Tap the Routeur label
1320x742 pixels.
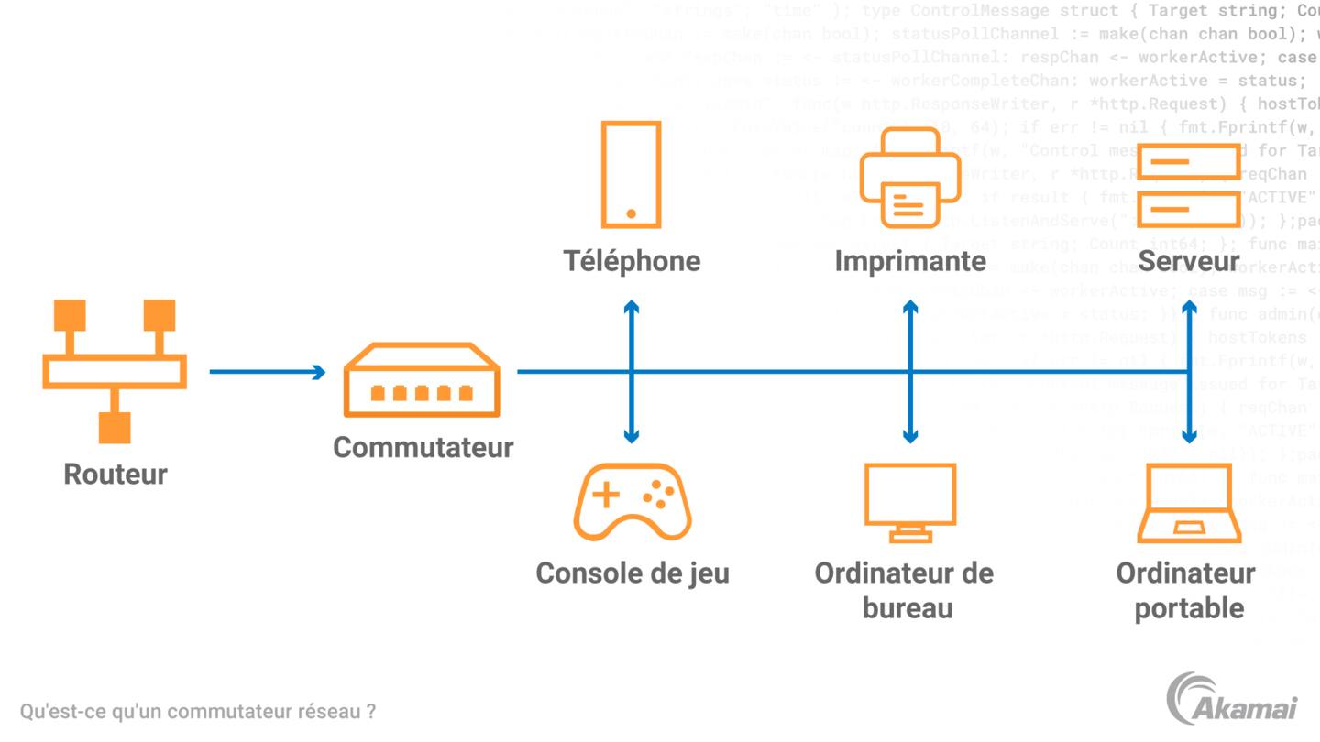click(x=115, y=475)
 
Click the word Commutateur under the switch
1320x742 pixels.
click(x=423, y=447)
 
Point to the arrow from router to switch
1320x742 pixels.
click(x=267, y=372)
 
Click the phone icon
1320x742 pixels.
click(x=631, y=174)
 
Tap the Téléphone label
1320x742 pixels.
click(x=632, y=261)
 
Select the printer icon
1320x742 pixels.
click(x=910, y=178)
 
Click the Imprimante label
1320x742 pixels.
click(x=910, y=261)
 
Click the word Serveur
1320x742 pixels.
click(x=1189, y=262)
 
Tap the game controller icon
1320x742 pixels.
click(x=632, y=502)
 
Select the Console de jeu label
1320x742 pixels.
click(x=632, y=573)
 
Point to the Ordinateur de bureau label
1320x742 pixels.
click(x=905, y=590)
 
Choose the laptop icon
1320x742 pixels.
click(x=1189, y=504)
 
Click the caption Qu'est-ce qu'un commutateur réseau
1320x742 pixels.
click(x=197, y=711)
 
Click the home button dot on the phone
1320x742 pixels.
click(x=631, y=213)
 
